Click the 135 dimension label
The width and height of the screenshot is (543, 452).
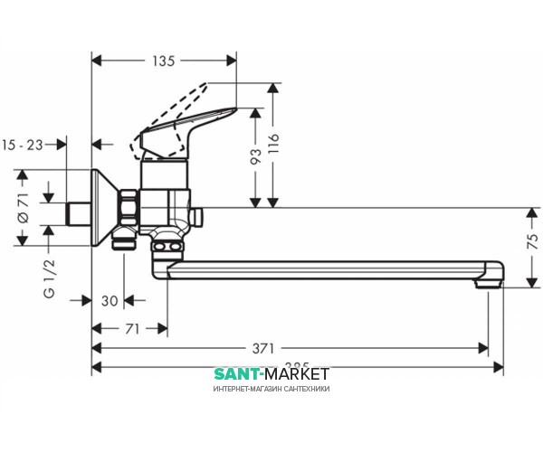click(163, 62)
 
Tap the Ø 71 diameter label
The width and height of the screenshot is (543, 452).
click(22, 207)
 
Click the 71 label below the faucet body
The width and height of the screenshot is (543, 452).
click(131, 330)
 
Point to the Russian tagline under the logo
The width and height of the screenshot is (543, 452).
click(271, 389)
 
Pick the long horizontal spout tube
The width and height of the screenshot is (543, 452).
click(326, 268)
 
